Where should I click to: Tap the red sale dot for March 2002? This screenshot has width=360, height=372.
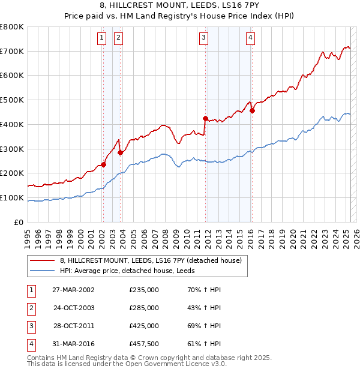tap(103, 164)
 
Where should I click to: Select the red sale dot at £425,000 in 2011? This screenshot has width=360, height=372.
tap(205, 118)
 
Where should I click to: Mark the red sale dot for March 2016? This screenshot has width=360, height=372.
tap(252, 110)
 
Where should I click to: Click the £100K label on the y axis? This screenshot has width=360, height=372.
tap(13, 197)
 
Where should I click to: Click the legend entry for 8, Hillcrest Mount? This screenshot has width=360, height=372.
tap(151, 260)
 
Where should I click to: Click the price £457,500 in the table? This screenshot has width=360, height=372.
tap(144, 344)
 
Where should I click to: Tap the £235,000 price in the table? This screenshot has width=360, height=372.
tap(144, 290)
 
